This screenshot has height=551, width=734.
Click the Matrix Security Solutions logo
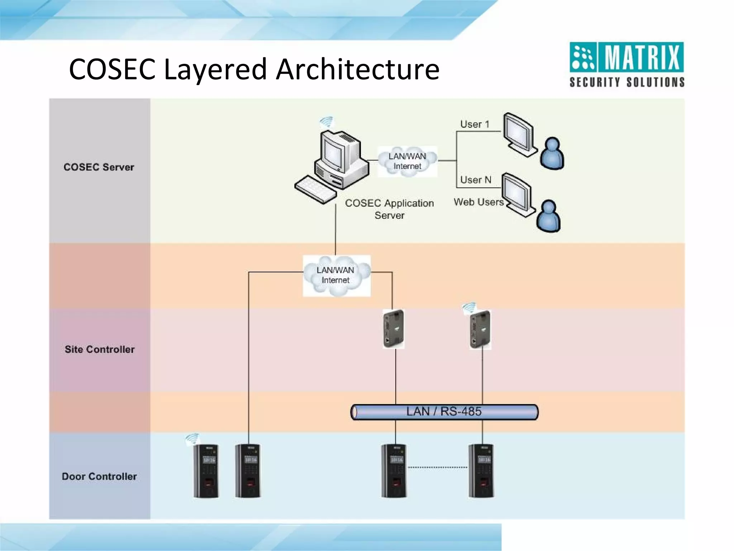coord(626,65)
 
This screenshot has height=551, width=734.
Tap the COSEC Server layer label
coord(99,167)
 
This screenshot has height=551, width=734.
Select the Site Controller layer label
coord(100,349)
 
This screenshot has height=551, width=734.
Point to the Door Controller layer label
coord(99,476)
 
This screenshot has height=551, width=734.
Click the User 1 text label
coord(475,124)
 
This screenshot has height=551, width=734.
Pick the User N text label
coord(476,180)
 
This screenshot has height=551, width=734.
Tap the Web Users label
coord(478,202)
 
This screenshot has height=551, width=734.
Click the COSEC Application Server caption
coord(389,209)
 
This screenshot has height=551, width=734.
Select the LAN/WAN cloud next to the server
coord(407,161)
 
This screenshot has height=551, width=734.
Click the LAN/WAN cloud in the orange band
coord(336,275)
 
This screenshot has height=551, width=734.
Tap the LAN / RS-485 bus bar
coord(444,412)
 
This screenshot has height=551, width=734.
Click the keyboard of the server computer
coord(315,190)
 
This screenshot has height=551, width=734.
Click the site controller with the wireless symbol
coord(480,329)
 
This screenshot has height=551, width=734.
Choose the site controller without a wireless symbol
coord(394,329)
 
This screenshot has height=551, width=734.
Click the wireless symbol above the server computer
coord(327,122)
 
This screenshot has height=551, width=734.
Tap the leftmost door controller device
coord(206,471)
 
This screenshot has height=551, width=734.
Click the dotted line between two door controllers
coord(437,467)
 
